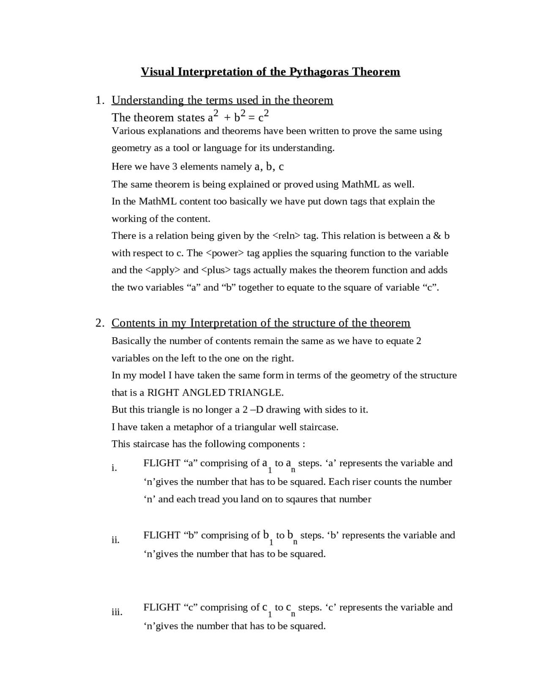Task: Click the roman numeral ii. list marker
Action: [115, 540]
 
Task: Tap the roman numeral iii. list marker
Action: [117, 612]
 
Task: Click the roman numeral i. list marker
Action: [114, 468]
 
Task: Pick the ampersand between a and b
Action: [437, 236]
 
